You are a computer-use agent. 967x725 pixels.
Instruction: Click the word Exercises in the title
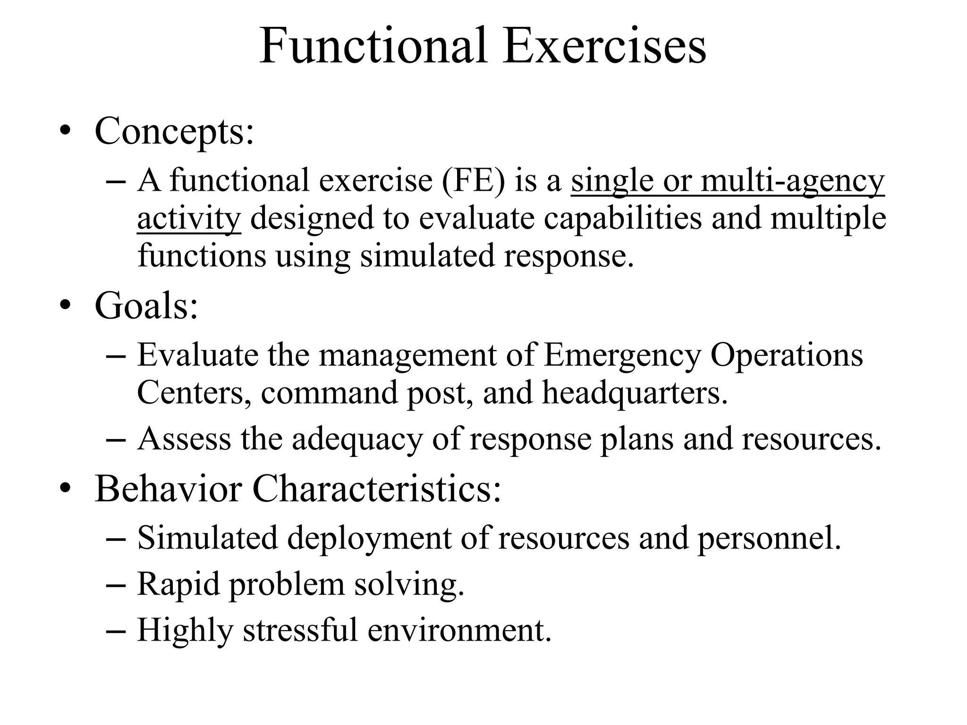pos(604,46)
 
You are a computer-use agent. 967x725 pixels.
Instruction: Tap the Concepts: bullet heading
pos(174,131)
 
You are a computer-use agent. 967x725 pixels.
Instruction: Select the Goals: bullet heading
pos(146,306)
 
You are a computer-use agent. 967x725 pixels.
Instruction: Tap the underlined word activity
pos(189,219)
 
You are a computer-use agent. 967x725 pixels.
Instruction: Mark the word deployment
pos(369,539)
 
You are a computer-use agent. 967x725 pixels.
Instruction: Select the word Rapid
pos(178,585)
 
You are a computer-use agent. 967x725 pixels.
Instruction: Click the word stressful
pos(300,631)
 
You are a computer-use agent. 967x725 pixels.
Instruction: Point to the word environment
pos(459,631)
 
